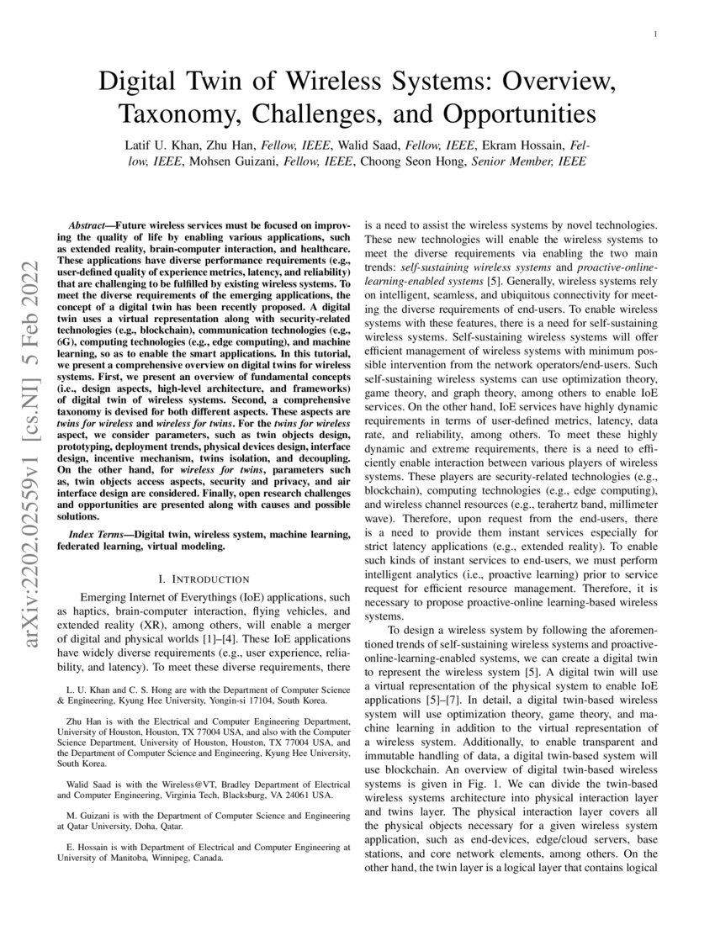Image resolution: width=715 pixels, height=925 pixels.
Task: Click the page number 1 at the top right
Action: [x=654, y=34]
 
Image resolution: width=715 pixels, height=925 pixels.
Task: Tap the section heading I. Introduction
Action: [x=204, y=579]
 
